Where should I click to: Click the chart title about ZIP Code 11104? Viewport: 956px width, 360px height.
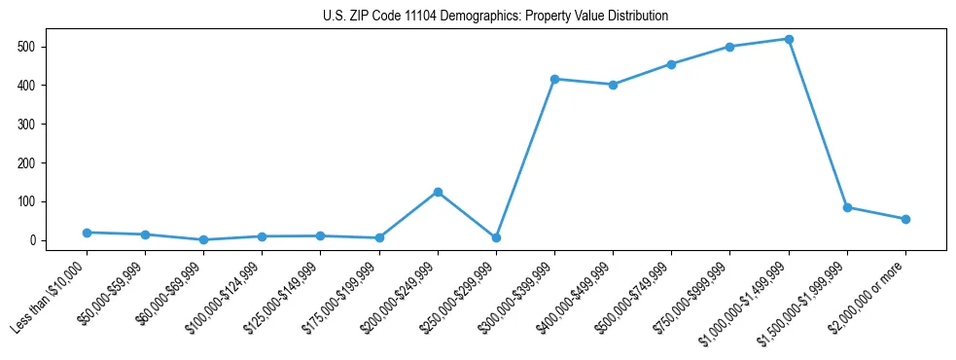495,16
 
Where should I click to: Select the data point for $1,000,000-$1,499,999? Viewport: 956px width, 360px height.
789,39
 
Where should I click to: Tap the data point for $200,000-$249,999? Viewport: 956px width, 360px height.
438,192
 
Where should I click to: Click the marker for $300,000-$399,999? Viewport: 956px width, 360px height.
554,79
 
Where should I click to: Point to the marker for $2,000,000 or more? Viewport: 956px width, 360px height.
905,219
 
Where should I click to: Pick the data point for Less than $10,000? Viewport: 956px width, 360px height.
87,233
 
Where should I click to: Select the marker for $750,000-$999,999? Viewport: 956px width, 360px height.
729,47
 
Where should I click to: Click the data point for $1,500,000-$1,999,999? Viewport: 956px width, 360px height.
847,207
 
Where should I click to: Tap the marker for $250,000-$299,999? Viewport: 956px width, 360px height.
496,237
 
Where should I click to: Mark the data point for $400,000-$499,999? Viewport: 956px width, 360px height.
613,85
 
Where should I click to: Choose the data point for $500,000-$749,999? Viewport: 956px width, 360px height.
671,64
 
